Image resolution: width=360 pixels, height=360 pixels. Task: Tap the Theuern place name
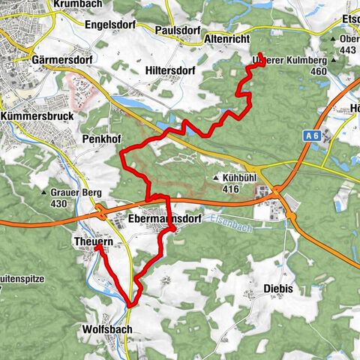93,240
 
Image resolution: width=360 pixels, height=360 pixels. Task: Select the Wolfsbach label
104,329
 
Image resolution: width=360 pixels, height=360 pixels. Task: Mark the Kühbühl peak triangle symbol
216,178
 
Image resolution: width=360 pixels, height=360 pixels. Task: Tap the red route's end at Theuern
97,247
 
